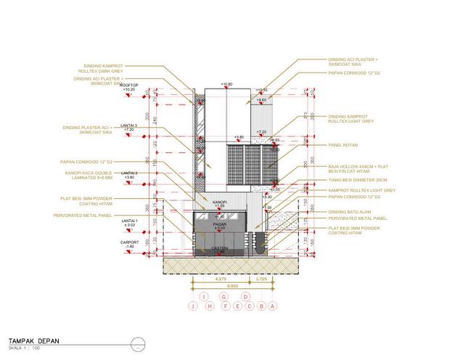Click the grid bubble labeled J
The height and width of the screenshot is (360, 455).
click(192, 306)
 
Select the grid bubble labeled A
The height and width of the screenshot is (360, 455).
click(271, 306)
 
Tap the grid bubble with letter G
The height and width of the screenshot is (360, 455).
click(225, 296)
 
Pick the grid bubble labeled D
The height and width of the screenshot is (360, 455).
click(245, 296)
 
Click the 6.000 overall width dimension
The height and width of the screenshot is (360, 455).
click(232, 287)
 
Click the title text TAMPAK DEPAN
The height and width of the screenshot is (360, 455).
click(34, 340)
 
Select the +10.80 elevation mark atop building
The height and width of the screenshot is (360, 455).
click(227, 84)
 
